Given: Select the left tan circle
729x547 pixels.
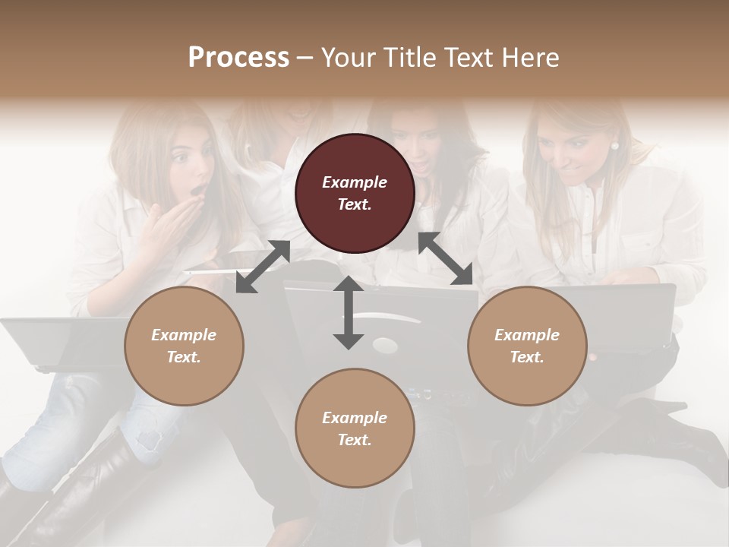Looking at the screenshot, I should [x=184, y=346].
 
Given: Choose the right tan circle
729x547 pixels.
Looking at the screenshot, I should [x=527, y=346].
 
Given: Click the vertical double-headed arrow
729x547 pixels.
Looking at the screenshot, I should [x=349, y=312].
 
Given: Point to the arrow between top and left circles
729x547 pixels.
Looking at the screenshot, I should [x=263, y=267].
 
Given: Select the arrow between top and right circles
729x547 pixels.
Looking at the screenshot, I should [x=446, y=259].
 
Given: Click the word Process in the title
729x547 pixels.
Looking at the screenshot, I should [x=238, y=57].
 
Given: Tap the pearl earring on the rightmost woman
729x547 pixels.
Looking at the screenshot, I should [x=614, y=146].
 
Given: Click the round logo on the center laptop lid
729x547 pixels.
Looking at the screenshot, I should [x=385, y=346].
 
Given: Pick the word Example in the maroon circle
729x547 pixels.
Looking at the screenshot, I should [x=355, y=182].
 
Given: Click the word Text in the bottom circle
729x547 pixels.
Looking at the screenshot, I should [x=352, y=440].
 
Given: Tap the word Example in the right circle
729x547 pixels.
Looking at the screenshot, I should [x=527, y=335].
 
